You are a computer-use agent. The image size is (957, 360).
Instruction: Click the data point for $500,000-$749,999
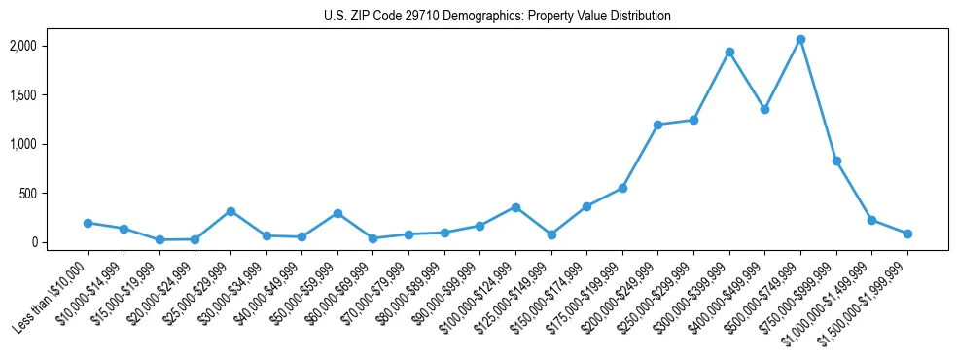click(x=800, y=40)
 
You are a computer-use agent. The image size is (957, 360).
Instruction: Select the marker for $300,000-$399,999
click(x=729, y=52)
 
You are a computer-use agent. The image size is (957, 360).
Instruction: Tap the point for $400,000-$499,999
click(x=764, y=109)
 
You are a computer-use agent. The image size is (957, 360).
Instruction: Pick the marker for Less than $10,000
click(x=88, y=223)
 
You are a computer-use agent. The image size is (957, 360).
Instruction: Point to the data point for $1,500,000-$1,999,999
click(x=907, y=234)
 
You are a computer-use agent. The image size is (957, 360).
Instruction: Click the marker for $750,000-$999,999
click(x=836, y=161)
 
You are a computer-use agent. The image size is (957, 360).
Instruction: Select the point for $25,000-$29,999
click(x=230, y=211)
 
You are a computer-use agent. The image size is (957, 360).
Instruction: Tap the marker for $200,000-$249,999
click(x=657, y=125)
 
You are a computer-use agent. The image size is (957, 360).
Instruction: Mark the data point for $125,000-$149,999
click(x=551, y=234)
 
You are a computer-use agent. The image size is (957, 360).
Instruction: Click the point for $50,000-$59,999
click(x=337, y=213)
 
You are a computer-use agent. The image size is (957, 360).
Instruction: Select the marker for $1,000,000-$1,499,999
click(x=871, y=220)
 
